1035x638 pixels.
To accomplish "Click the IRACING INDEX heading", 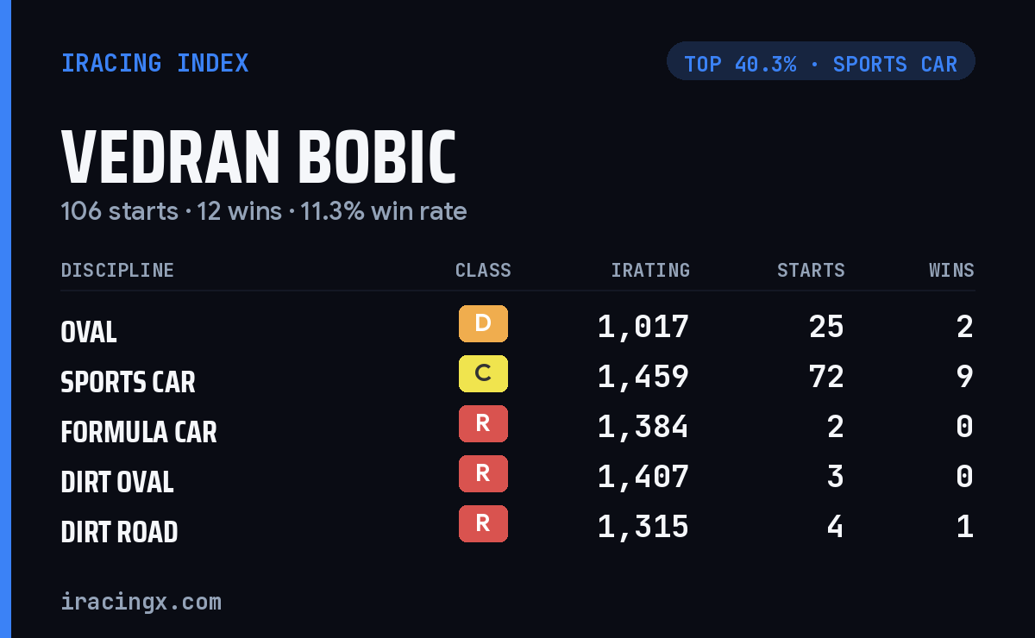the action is (x=154, y=63).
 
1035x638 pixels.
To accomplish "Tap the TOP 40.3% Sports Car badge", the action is (x=820, y=61).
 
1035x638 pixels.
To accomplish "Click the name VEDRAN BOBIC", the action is (x=259, y=157).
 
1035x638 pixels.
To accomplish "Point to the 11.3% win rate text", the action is (x=384, y=211).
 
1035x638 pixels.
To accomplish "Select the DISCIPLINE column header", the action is (x=117, y=270).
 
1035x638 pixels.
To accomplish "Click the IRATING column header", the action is (x=650, y=270).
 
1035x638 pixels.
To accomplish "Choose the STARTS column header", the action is (x=811, y=270).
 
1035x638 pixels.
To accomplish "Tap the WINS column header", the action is (x=952, y=270).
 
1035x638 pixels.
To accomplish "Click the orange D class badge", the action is (x=483, y=323).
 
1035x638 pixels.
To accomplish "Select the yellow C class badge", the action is (x=483, y=373).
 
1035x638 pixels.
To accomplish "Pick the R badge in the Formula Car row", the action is (x=483, y=423).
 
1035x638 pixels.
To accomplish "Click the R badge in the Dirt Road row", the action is (x=483, y=523).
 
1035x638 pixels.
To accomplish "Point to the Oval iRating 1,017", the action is (x=643, y=327).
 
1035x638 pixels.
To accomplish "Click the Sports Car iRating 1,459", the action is (x=643, y=377).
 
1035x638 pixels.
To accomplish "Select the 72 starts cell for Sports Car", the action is (x=826, y=377).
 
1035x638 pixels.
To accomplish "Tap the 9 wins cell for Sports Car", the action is (x=965, y=377).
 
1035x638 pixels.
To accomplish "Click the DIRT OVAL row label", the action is (x=117, y=482).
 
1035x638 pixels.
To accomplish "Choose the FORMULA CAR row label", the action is (x=139, y=432).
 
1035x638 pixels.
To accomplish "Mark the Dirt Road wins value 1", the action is (x=965, y=526).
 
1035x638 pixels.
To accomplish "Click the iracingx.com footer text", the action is (x=141, y=602).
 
